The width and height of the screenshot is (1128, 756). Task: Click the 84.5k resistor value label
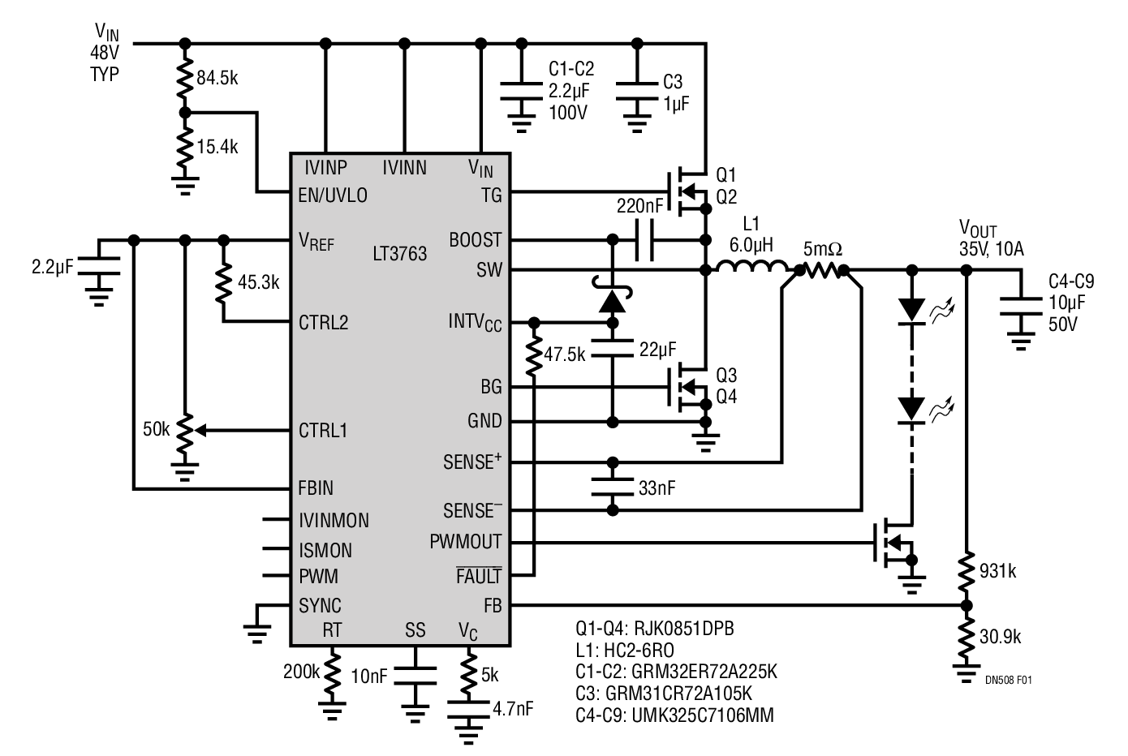click(x=217, y=78)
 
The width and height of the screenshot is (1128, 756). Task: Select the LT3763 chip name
click(x=399, y=254)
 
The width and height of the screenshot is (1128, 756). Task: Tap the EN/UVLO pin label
click(x=333, y=195)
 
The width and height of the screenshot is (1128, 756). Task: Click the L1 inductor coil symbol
click(x=751, y=267)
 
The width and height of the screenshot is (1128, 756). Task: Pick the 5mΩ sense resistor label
click(x=822, y=249)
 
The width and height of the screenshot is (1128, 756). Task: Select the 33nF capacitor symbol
click(x=613, y=487)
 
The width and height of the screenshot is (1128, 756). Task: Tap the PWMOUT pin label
click(x=465, y=542)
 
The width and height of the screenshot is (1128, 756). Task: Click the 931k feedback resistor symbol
click(x=966, y=572)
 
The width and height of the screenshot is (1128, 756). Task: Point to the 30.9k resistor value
click(x=1000, y=638)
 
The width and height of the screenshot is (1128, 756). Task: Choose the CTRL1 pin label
click(x=323, y=431)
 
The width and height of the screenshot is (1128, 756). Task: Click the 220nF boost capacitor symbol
click(x=644, y=241)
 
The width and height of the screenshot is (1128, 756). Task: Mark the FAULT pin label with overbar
click(x=479, y=575)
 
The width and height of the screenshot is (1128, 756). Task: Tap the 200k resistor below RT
click(x=333, y=671)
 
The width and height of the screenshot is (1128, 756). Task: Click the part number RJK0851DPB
click(x=683, y=628)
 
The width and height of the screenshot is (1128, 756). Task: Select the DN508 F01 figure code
click(x=1008, y=680)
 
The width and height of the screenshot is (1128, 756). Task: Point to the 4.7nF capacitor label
click(x=513, y=709)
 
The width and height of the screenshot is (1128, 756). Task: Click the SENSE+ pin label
click(x=472, y=461)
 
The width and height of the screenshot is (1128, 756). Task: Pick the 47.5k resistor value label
click(x=565, y=354)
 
